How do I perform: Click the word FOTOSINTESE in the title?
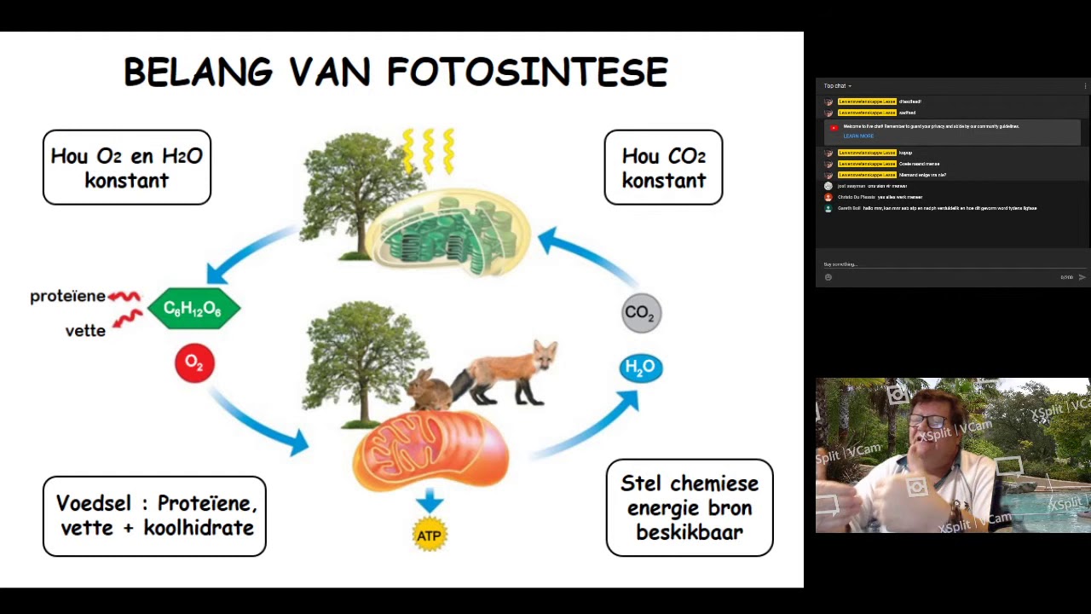[x=528, y=72]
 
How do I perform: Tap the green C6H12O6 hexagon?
[x=193, y=309]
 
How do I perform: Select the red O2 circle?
[x=194, y=363]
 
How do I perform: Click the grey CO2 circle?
[x=641, y=313]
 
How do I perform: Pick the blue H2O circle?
[x=641, y=368]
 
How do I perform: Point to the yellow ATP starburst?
[x=429, y=536]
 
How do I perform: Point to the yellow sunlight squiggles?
[x=429, y=150]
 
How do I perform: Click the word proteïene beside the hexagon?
[x=67, y=297]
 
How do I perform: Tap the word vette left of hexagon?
[x=85, y=331]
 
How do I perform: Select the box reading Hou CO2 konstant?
[x=663, y=168]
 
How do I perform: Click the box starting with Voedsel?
[x=154, y=516]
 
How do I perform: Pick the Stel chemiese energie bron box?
[x=689, y=507]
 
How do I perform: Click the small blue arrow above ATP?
[x=429, y=501]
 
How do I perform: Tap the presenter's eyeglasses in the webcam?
[x=930, y=421]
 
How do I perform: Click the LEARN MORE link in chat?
[x=858, y=136]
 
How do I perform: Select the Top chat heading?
[x=835, y=86]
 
